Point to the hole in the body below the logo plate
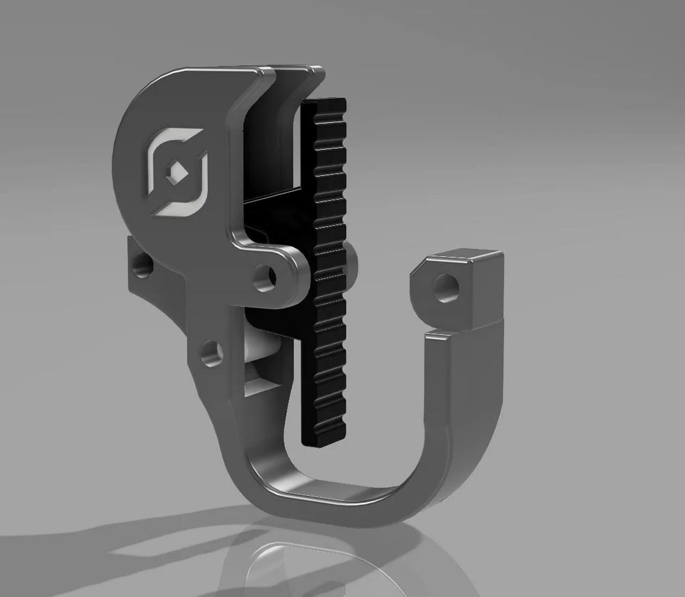tap(212, 354)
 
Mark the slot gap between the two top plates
tap(272, 80)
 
